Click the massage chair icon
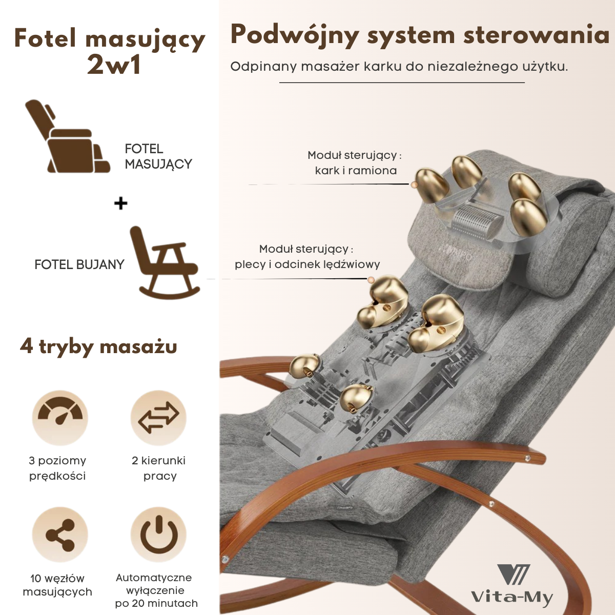pyautogui.click(x=67, y=137)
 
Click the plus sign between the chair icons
pyautogui.click(x=120, y=203)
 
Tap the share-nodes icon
pyautogui.click(x=60, y=535)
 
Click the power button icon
pyautogui.click(x=158, y=535)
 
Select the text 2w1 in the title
pyautogui.click(x=114, y=65)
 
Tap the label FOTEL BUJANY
pyautogui.click(x=79, y=264)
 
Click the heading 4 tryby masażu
pyautogui.click(x=99, y=346)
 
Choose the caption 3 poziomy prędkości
pyautogui.click(x=57, y=468)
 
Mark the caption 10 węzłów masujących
pyautogui.click(x=57, y=585)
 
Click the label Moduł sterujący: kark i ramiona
pyautogui.click(x=355, y=163)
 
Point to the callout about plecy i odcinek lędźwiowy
pyautogui.click(x=307, y=257)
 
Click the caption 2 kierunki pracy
pyautogui.click(x=159, y=468)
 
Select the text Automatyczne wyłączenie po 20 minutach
pyautogui.click(x=156, y=590)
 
